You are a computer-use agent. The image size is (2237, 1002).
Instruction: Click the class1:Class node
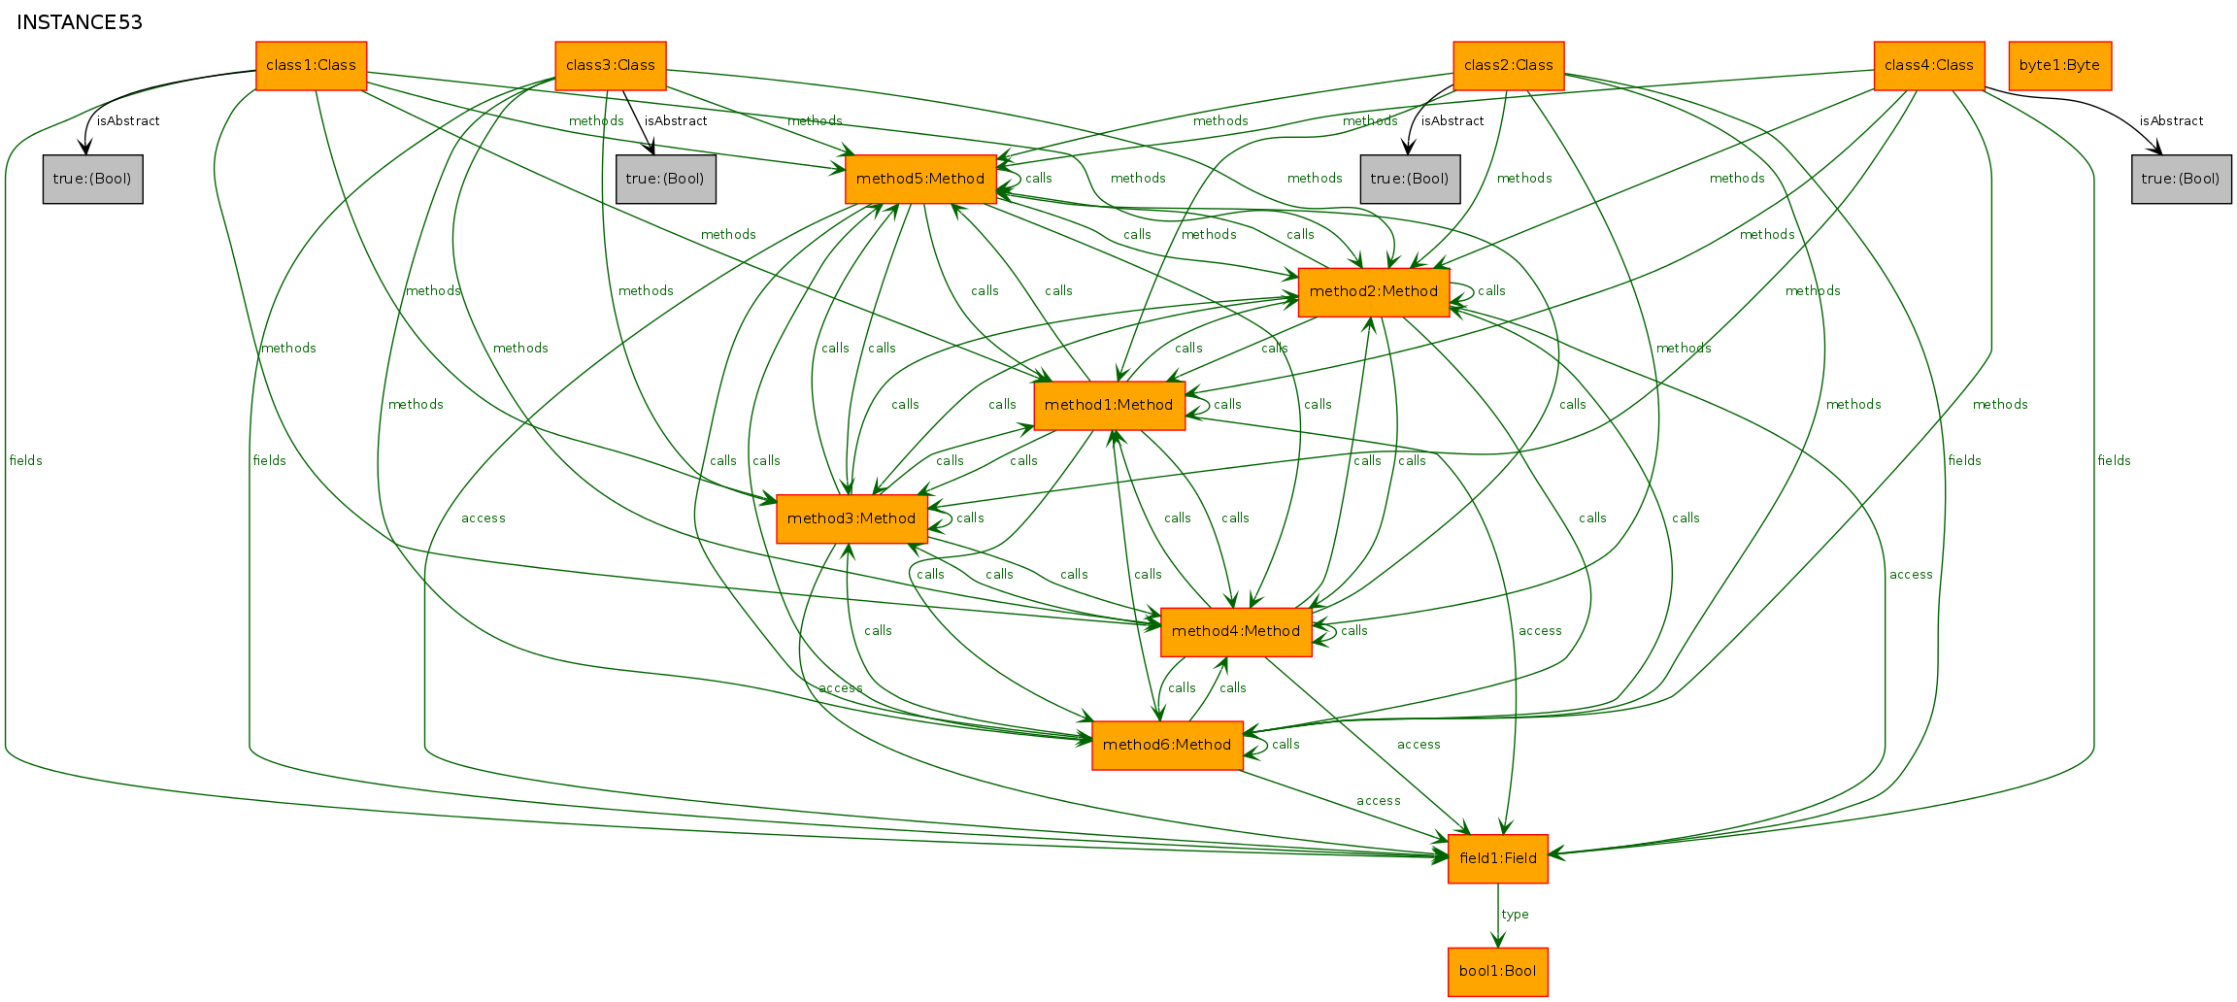[311, 66]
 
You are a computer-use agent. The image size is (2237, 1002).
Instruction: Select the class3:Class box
[611, 66]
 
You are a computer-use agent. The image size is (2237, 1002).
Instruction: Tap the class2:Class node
[1509, 66]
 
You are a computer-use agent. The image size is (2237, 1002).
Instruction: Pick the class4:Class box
[1929, 66]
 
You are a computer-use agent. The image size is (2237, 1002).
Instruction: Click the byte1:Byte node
[2060, 66]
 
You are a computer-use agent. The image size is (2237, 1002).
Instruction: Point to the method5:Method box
[920, 179]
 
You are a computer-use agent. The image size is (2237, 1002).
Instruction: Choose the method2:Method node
[1374, 292]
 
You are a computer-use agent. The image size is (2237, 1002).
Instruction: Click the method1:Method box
[1110, 406]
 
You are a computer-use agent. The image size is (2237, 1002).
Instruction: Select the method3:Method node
[851, 519]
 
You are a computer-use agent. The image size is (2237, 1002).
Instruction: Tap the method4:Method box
[1236, 632]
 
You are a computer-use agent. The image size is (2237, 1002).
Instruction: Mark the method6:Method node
[1167, 746]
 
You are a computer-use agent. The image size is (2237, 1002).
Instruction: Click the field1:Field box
[1498, 859]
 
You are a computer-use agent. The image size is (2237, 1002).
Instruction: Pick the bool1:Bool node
[1498, 972]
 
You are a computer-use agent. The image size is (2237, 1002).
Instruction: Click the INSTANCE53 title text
[80, 22]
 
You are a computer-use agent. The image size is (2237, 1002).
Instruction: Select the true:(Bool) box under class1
[93, 180]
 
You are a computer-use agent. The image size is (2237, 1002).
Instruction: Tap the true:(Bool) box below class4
[2182, 180]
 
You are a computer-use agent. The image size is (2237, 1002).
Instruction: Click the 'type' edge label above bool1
[1515, 915]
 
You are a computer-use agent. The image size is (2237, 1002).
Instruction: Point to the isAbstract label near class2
[1452, 121]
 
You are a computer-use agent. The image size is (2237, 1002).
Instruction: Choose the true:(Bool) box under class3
[666, 180]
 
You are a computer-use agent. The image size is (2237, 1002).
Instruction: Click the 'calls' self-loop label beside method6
[1285, 745]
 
